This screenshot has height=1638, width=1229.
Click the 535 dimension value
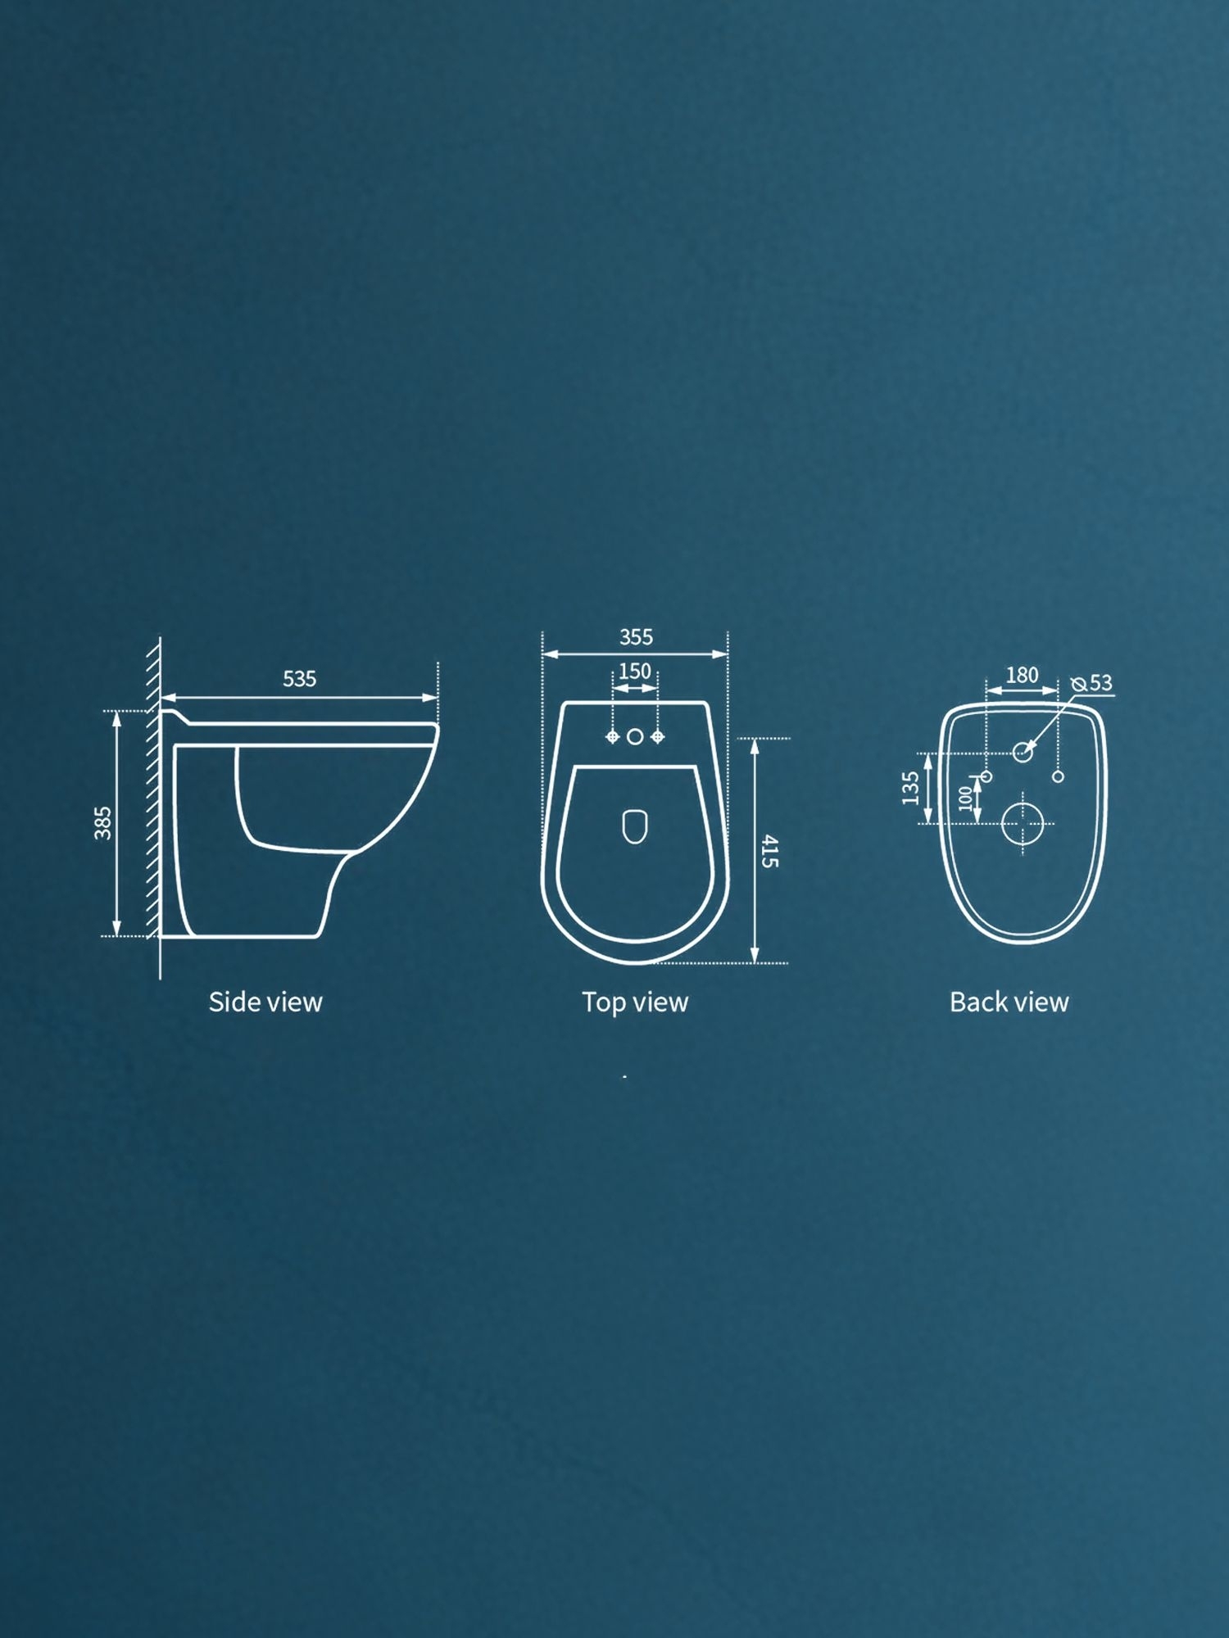point(299,679)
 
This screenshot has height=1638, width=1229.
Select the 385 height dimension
point(102,822)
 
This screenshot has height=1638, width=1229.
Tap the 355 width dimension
point(636,636)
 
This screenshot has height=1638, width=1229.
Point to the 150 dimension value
point(635,672)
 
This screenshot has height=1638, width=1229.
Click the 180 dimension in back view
point(1022,675)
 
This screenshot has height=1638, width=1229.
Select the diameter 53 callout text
point(1092,683)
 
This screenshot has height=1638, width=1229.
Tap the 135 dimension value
point(910,788)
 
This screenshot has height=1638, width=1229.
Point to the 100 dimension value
point(965,797)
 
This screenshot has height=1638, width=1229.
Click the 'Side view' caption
point(265,1002)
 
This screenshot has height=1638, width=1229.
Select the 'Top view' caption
point(635,1002)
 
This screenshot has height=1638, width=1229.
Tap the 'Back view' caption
point(1009,1002)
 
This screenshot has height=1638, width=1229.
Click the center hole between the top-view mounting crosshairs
point(635,737)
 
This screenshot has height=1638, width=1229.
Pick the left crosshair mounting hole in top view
point(612,737)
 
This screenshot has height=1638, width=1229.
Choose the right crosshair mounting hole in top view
point(657,737)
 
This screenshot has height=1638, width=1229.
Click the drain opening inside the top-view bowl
point(635,826)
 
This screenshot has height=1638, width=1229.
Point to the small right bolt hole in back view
point(1058,776)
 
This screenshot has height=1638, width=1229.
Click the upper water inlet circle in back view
point(1023,751)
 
